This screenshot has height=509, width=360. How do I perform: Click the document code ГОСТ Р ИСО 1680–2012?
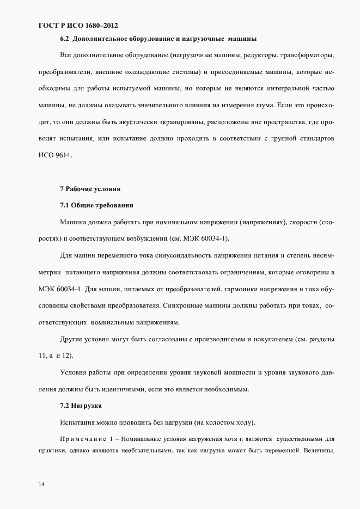click(x=78, y=26)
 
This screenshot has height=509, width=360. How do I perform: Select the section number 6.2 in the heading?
click(x=64, y=39)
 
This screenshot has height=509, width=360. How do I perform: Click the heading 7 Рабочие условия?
click(x=90, y=189)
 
